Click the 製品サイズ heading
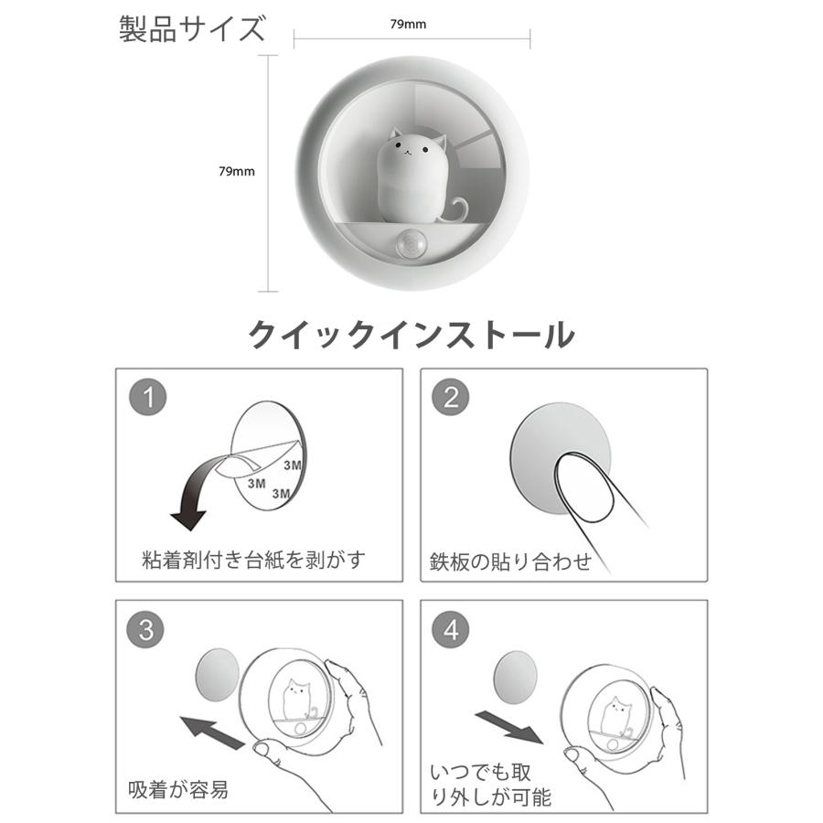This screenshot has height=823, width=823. click(x=192, y=29)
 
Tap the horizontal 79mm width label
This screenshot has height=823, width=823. click(x=408, y=24)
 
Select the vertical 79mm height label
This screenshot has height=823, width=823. click(x=237, y=171)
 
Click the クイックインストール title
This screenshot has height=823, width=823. click(x=411, y=335)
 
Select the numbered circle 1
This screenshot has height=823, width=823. click(x=148, y=398)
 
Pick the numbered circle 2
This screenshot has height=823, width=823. click(x=451, y=398)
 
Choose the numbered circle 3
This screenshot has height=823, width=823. click(x=146, y=629)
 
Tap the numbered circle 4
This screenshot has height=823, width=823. click(x=451, y=629)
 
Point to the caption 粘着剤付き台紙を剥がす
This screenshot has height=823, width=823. click(x=253, y=560)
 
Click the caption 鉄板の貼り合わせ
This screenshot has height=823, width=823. click(x=510, y=561)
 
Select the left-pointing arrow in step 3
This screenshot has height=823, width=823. click(x=213, y=732)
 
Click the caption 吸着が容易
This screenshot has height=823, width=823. click(x=178, y=789)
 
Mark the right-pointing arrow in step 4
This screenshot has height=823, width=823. click(x=510, y=727)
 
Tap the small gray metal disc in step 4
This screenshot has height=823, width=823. click(x=517, y=677)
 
